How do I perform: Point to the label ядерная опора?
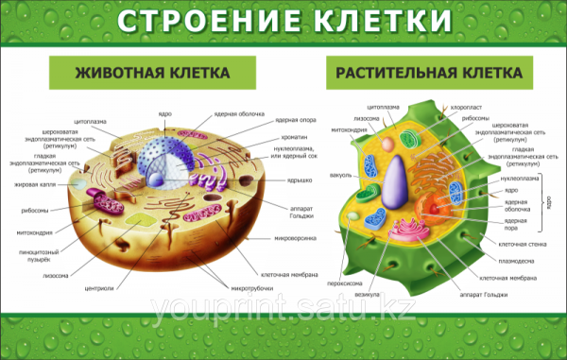(x=294, y=120)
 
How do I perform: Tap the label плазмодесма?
(x=518, y=261)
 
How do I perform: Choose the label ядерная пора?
(x=516, y=223)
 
